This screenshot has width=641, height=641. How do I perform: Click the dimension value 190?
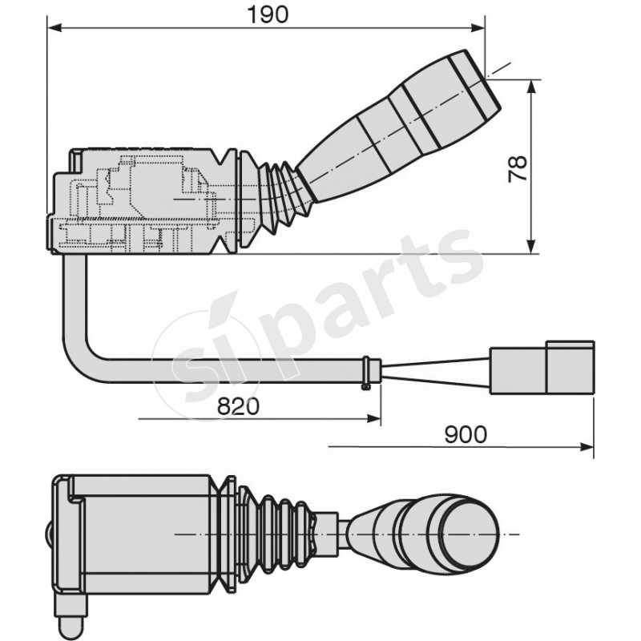[268, 14]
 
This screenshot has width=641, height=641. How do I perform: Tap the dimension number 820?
[238, 406]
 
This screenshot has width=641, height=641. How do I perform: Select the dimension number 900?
[466, 434]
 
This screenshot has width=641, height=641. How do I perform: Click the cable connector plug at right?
[542, 369]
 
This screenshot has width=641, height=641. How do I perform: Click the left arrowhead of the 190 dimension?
[53, 28]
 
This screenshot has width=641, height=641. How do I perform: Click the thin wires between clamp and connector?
[433, 370]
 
